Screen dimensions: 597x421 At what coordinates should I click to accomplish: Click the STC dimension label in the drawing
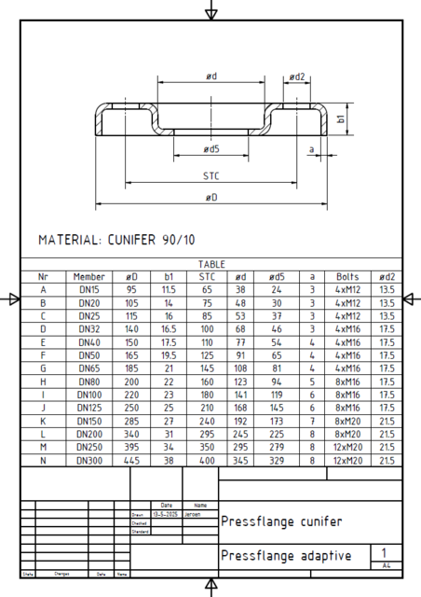tap(210, 174)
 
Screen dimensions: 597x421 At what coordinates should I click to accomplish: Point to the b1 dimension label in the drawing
tap(342, 119)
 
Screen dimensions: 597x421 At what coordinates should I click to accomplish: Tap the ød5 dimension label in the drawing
tap(210, 148)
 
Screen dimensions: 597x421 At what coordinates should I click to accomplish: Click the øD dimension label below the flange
tap(211, 197)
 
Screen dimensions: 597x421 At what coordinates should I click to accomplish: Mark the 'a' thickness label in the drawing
tap(312, 147)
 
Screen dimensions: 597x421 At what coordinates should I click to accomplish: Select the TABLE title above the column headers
tap(211, 265)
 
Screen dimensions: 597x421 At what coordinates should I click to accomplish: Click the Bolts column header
tap(347, 277)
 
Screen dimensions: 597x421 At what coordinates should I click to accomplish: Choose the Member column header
tap(89, 277)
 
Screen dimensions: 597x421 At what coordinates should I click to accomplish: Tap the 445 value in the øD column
tap(131, 460)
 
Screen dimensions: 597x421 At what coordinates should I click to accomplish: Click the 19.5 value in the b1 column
tap(169, 355)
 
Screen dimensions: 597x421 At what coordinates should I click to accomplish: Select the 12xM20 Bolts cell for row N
tap(347, 460)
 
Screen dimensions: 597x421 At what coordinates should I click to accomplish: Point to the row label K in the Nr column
tap(43, 421)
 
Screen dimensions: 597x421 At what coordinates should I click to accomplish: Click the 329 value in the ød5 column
tap(276, 460)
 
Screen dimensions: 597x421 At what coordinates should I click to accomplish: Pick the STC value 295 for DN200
tap(207, 434)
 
